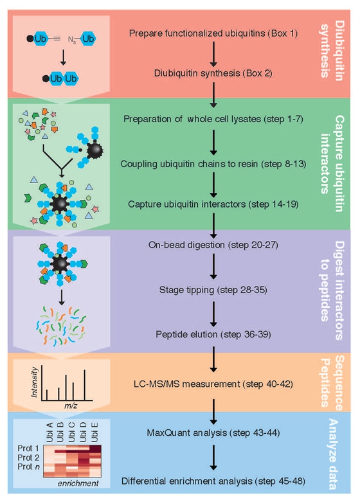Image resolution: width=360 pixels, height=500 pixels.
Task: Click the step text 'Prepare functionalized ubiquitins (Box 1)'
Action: coord(213,33)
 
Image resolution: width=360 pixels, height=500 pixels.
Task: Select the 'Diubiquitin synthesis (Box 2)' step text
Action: coord(213,73)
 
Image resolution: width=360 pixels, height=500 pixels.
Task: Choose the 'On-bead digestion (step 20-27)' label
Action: coord(213,245)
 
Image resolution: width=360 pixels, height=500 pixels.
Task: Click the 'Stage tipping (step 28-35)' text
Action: coord(213,290)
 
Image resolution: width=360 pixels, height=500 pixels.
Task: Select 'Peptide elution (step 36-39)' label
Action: coord(213,334)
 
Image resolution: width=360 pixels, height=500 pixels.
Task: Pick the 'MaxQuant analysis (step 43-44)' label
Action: coord(213,433)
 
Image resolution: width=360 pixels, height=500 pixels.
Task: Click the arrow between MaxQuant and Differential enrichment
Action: coord(213,458)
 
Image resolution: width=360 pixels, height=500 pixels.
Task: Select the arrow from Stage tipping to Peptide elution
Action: coord(213,314)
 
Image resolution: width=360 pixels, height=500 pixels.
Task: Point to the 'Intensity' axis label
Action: coord(35,382)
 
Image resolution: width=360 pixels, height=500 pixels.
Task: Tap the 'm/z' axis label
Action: coord(71,406)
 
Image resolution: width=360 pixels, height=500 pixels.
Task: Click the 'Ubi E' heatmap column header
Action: coord(94,432)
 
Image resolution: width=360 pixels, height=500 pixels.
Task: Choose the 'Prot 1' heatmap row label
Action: coord(28,449)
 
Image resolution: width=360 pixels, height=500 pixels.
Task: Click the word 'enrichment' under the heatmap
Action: coord(78,483)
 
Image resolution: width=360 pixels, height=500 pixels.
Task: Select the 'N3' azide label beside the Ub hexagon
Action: coord(72,40)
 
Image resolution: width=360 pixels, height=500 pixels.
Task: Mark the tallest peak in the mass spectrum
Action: coord(85,384)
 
